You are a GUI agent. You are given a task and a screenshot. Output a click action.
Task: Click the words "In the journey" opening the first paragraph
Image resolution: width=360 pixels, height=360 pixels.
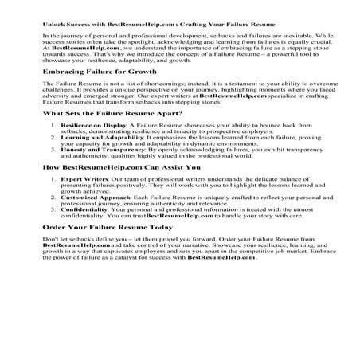(64, 37)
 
